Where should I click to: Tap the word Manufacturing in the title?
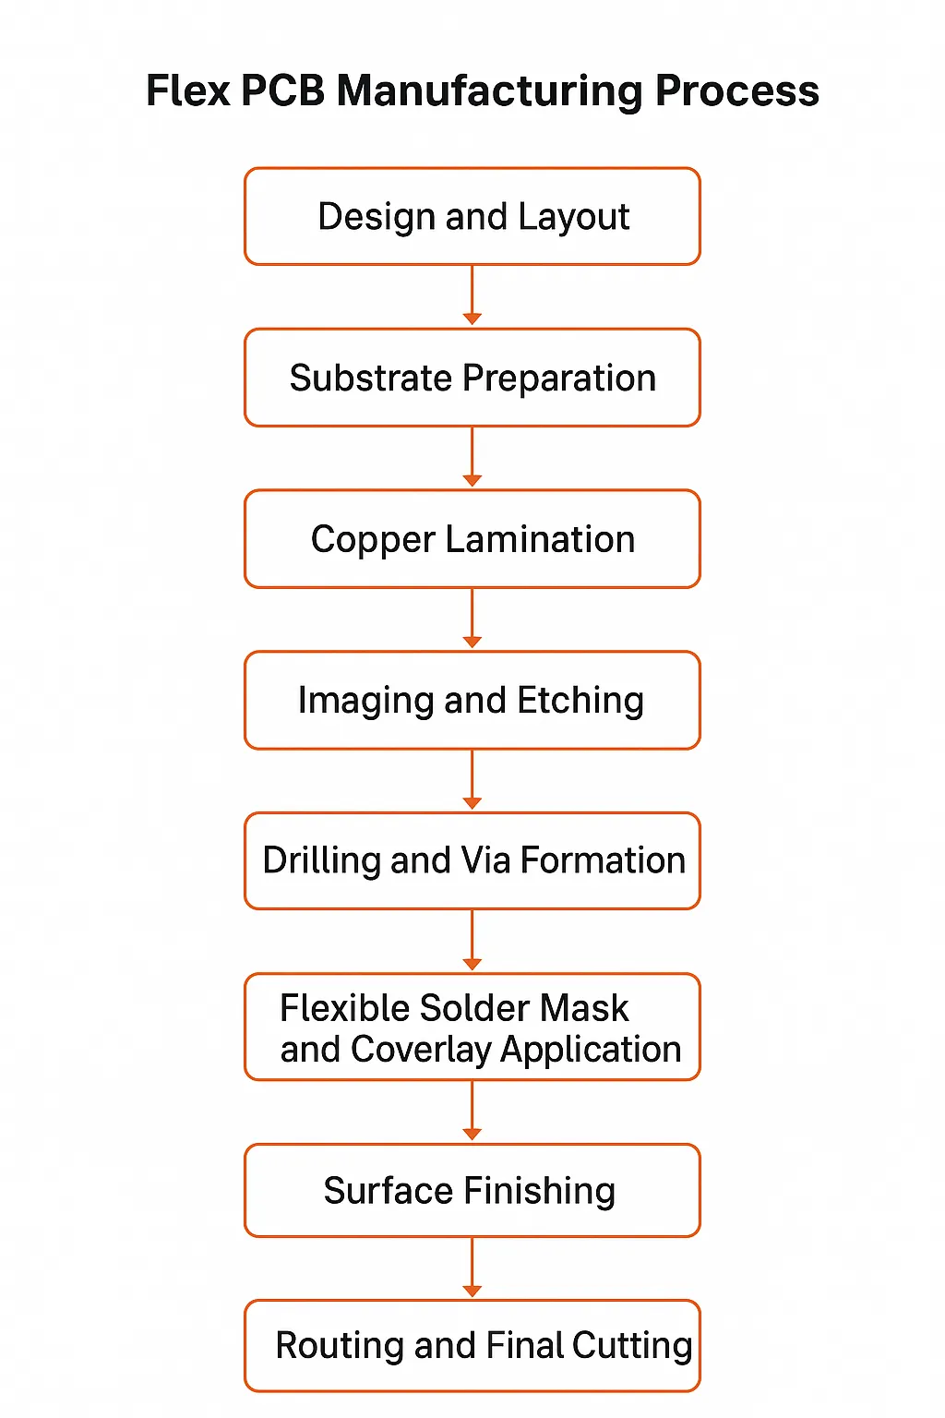tap(489, 91)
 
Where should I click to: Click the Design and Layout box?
tap(472, 216)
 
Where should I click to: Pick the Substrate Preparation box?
tap(472, 378)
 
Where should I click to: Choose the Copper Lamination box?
tap(472, 539)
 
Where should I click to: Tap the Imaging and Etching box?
tap(472, 700)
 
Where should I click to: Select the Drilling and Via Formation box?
tap(472, 860)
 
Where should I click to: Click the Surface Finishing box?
tap(472, 1190)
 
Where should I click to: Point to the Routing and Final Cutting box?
tap(472, 1345)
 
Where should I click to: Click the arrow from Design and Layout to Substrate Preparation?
tap(472, 295)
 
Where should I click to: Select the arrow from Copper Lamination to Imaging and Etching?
tap(472, 619)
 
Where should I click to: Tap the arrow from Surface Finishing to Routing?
tap(472, 1268)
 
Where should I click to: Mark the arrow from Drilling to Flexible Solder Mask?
tap(472, 940)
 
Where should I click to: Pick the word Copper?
tap(372, 540)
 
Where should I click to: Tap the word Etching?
tap(580, 701)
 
